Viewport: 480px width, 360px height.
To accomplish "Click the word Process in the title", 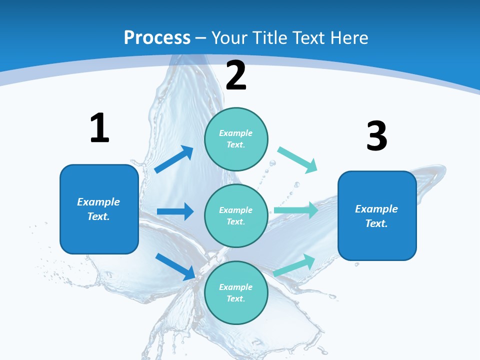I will click(x=157, y=38).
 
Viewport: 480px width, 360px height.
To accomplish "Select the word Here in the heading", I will click(x=345, y=38).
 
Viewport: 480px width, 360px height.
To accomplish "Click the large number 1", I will click(x=99, y=128).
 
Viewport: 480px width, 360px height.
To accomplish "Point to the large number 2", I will click(x=236, y=75).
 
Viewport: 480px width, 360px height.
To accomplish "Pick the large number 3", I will click(x=376, y=136).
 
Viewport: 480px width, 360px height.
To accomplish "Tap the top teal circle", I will click(x=236, y=139).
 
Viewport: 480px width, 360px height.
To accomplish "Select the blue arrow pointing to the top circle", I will click(x=174, y=159).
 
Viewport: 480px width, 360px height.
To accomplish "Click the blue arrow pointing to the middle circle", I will click(x=175, y=211).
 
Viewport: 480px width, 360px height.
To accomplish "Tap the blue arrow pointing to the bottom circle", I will click(x=175, y=266).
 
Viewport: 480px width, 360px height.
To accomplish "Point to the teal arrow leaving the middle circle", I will click(x=295, y=210).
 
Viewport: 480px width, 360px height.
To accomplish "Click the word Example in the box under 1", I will click(x=98, y=202).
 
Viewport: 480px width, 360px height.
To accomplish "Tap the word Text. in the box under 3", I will click(x=376, y=223).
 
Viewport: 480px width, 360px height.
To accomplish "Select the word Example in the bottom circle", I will click(x=236, y=287).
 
